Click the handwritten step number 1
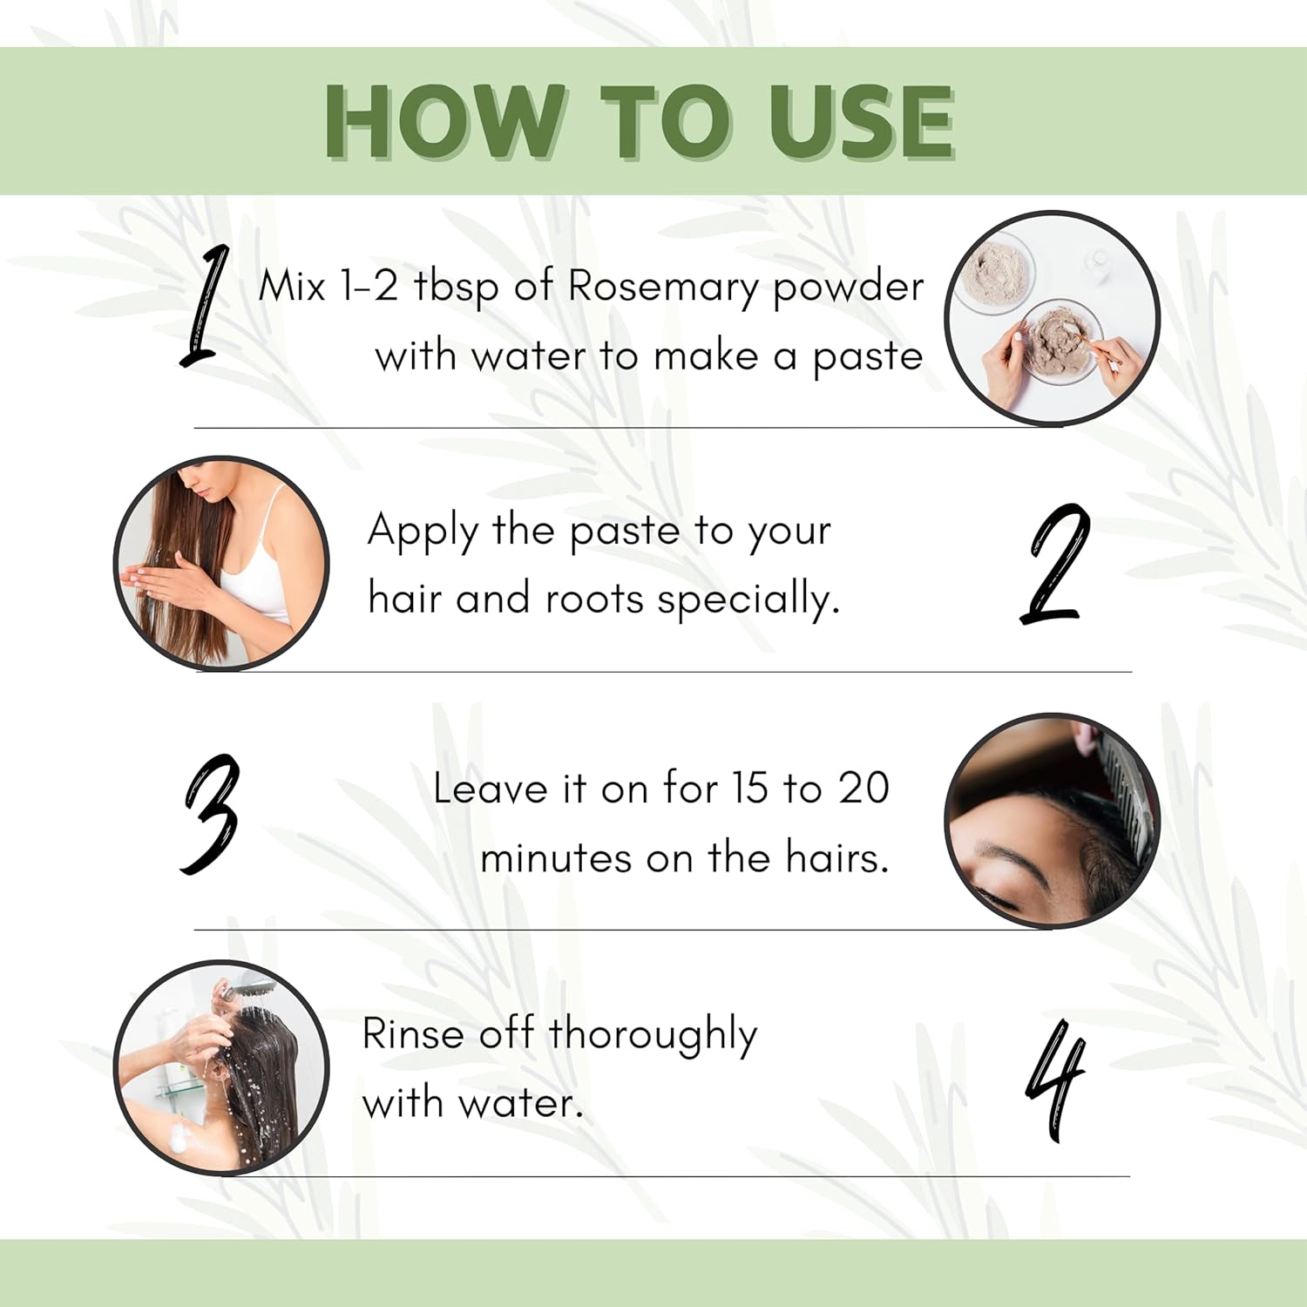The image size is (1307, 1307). (205, 305)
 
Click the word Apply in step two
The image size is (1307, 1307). (423, 532)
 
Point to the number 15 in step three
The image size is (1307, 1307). (749, 789)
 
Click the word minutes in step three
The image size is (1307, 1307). (556, 858)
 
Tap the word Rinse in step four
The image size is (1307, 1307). (413, 1034)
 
